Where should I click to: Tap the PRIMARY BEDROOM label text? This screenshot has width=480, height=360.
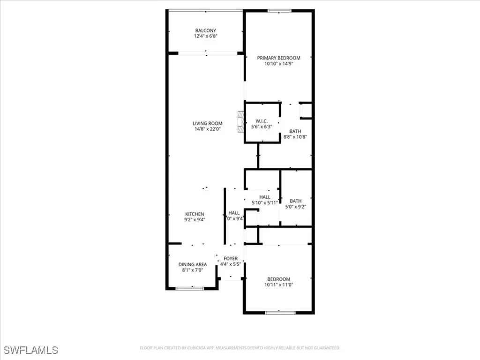pyautogui.click(x=278, y=58)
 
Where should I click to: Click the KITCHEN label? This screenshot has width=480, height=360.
pyautogui.click(x=194, y=214)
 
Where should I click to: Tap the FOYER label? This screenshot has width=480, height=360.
pyautogui.click(x=230, y=259)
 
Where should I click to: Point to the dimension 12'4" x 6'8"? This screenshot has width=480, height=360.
pyautogui.click(x=206, y=36)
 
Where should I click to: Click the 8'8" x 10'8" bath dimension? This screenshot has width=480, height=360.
pyautogui.click(x=294, y=137)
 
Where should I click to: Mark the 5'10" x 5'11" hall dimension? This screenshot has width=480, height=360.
pyautogui.click(x=265, y=203)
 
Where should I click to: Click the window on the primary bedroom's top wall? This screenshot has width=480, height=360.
pyautogui.click(x=280, y=11)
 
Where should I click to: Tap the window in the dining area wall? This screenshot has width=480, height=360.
pyautogui.click(x=190, y=289)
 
